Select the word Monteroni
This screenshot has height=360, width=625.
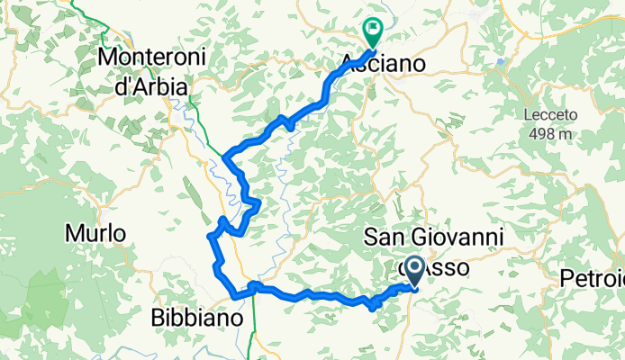point(153,57)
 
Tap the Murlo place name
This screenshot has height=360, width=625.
point(95,234)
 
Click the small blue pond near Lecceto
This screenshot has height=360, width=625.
point(500,61)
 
